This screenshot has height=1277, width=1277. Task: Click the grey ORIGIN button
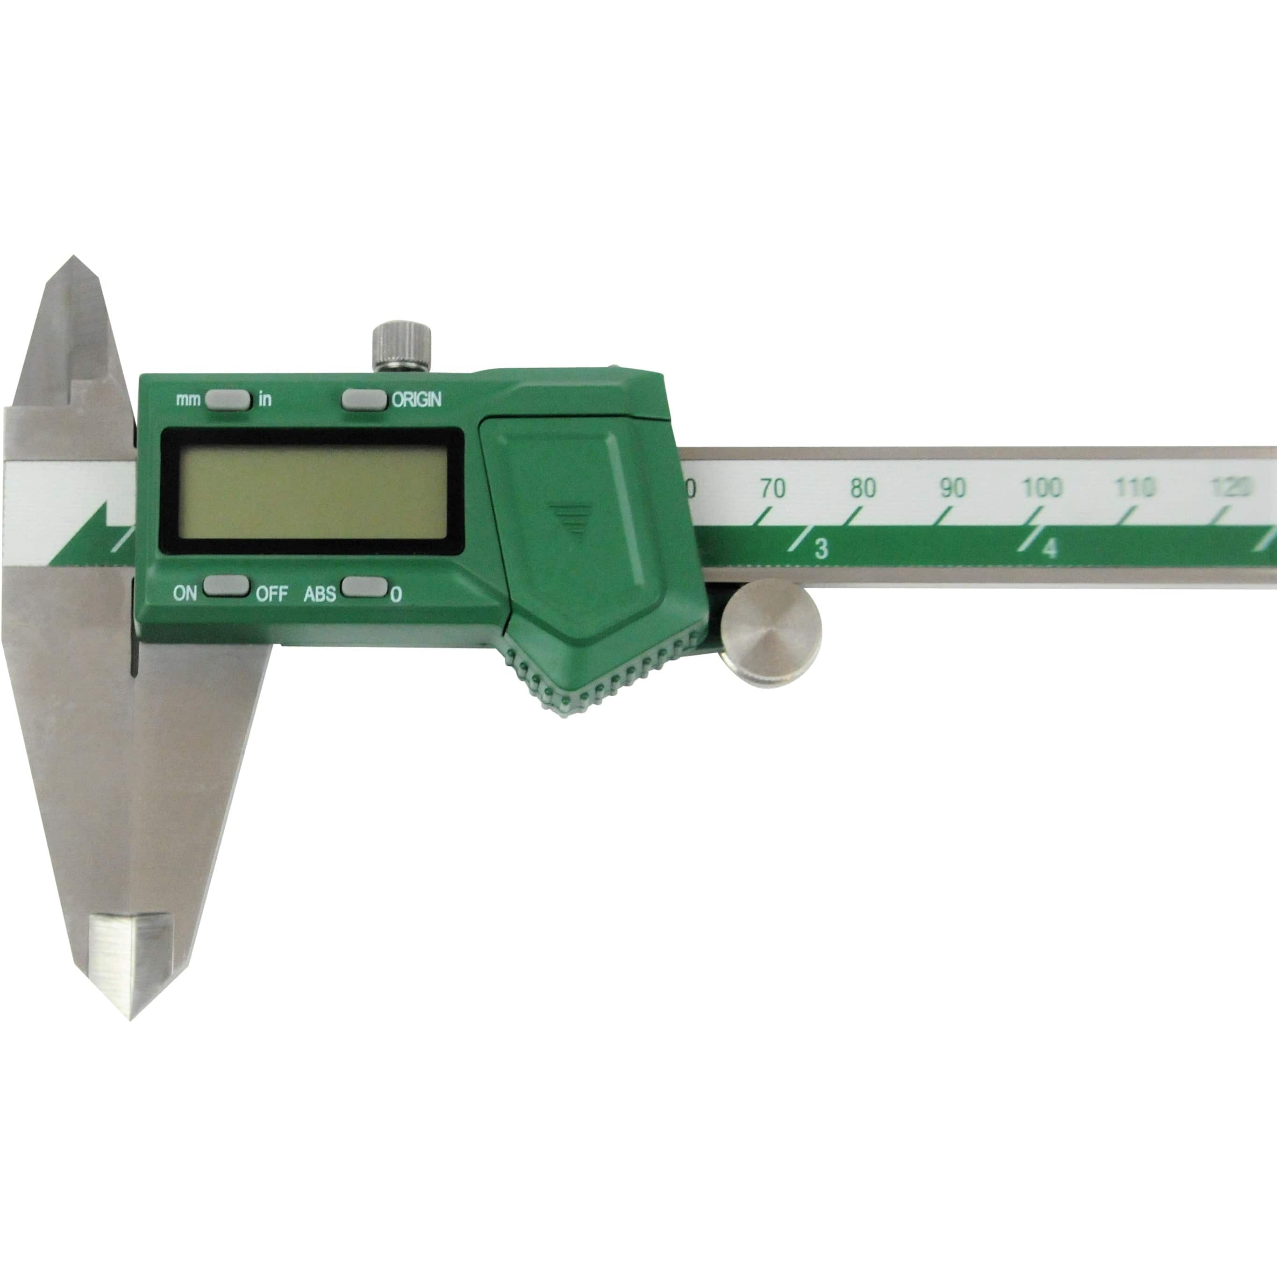(x=364, y=400)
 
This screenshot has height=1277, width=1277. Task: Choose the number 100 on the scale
(x=1042, y=488)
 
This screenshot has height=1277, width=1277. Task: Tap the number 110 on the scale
(x=1134, y=488)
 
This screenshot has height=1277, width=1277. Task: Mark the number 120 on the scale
(x=1231, y=488)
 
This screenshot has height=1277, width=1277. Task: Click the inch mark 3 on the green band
(x=821, y=549)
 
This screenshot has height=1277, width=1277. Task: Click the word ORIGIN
(x=416, y=400)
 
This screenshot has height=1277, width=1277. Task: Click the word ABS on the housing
(x=320, y=594)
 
